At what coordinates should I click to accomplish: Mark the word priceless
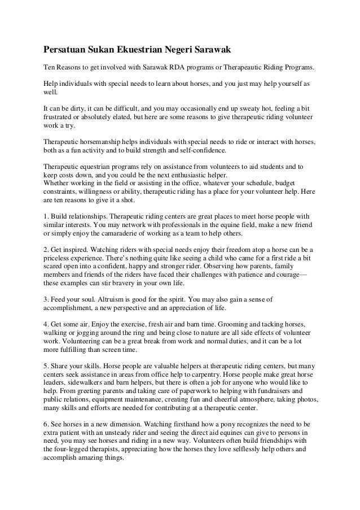click(60, 258)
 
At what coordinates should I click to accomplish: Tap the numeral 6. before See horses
click(46, 424)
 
